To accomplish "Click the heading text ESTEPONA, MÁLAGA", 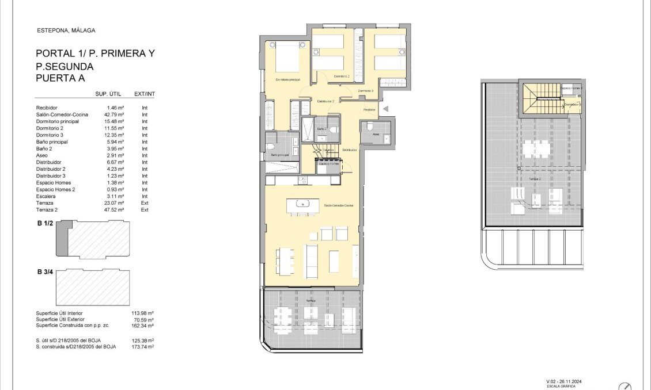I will coord(65,30).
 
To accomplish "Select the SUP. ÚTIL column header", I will coord(107,94).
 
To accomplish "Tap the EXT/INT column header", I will coord(145,94).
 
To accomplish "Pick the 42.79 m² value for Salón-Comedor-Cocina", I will coord(115,114).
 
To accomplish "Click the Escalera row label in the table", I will coord(46,196).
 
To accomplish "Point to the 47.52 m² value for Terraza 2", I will coord(115,210).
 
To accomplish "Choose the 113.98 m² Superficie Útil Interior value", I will coord(143,313).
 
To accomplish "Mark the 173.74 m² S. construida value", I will coord(143,347).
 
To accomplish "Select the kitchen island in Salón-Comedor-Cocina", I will coord(303,203).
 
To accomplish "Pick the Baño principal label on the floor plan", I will coord(279,155).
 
